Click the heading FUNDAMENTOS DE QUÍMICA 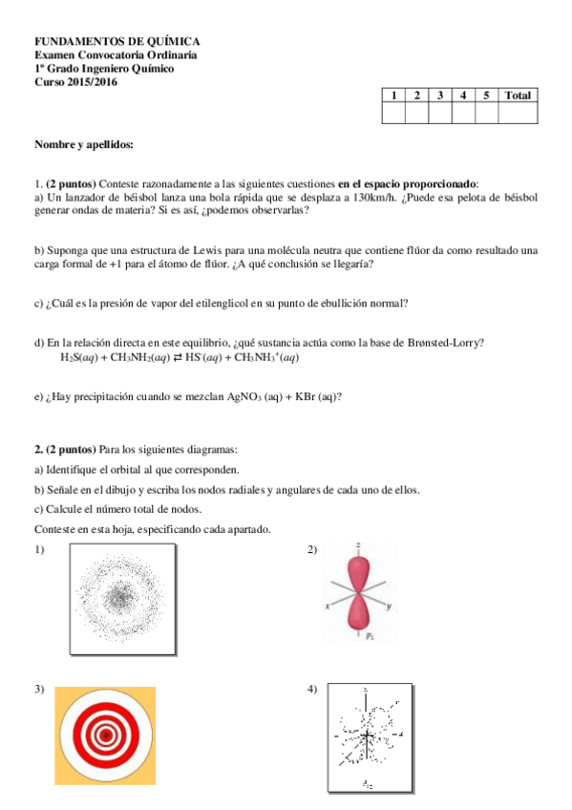[x=117, y=42]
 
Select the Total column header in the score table [x=518, y=96]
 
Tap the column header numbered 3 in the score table [x=439, y=96]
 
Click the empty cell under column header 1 [x=392, y=114]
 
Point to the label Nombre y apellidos [x=84, y=144]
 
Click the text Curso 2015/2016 [x=74, y=82]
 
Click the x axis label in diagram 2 [x=327, y=607]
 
